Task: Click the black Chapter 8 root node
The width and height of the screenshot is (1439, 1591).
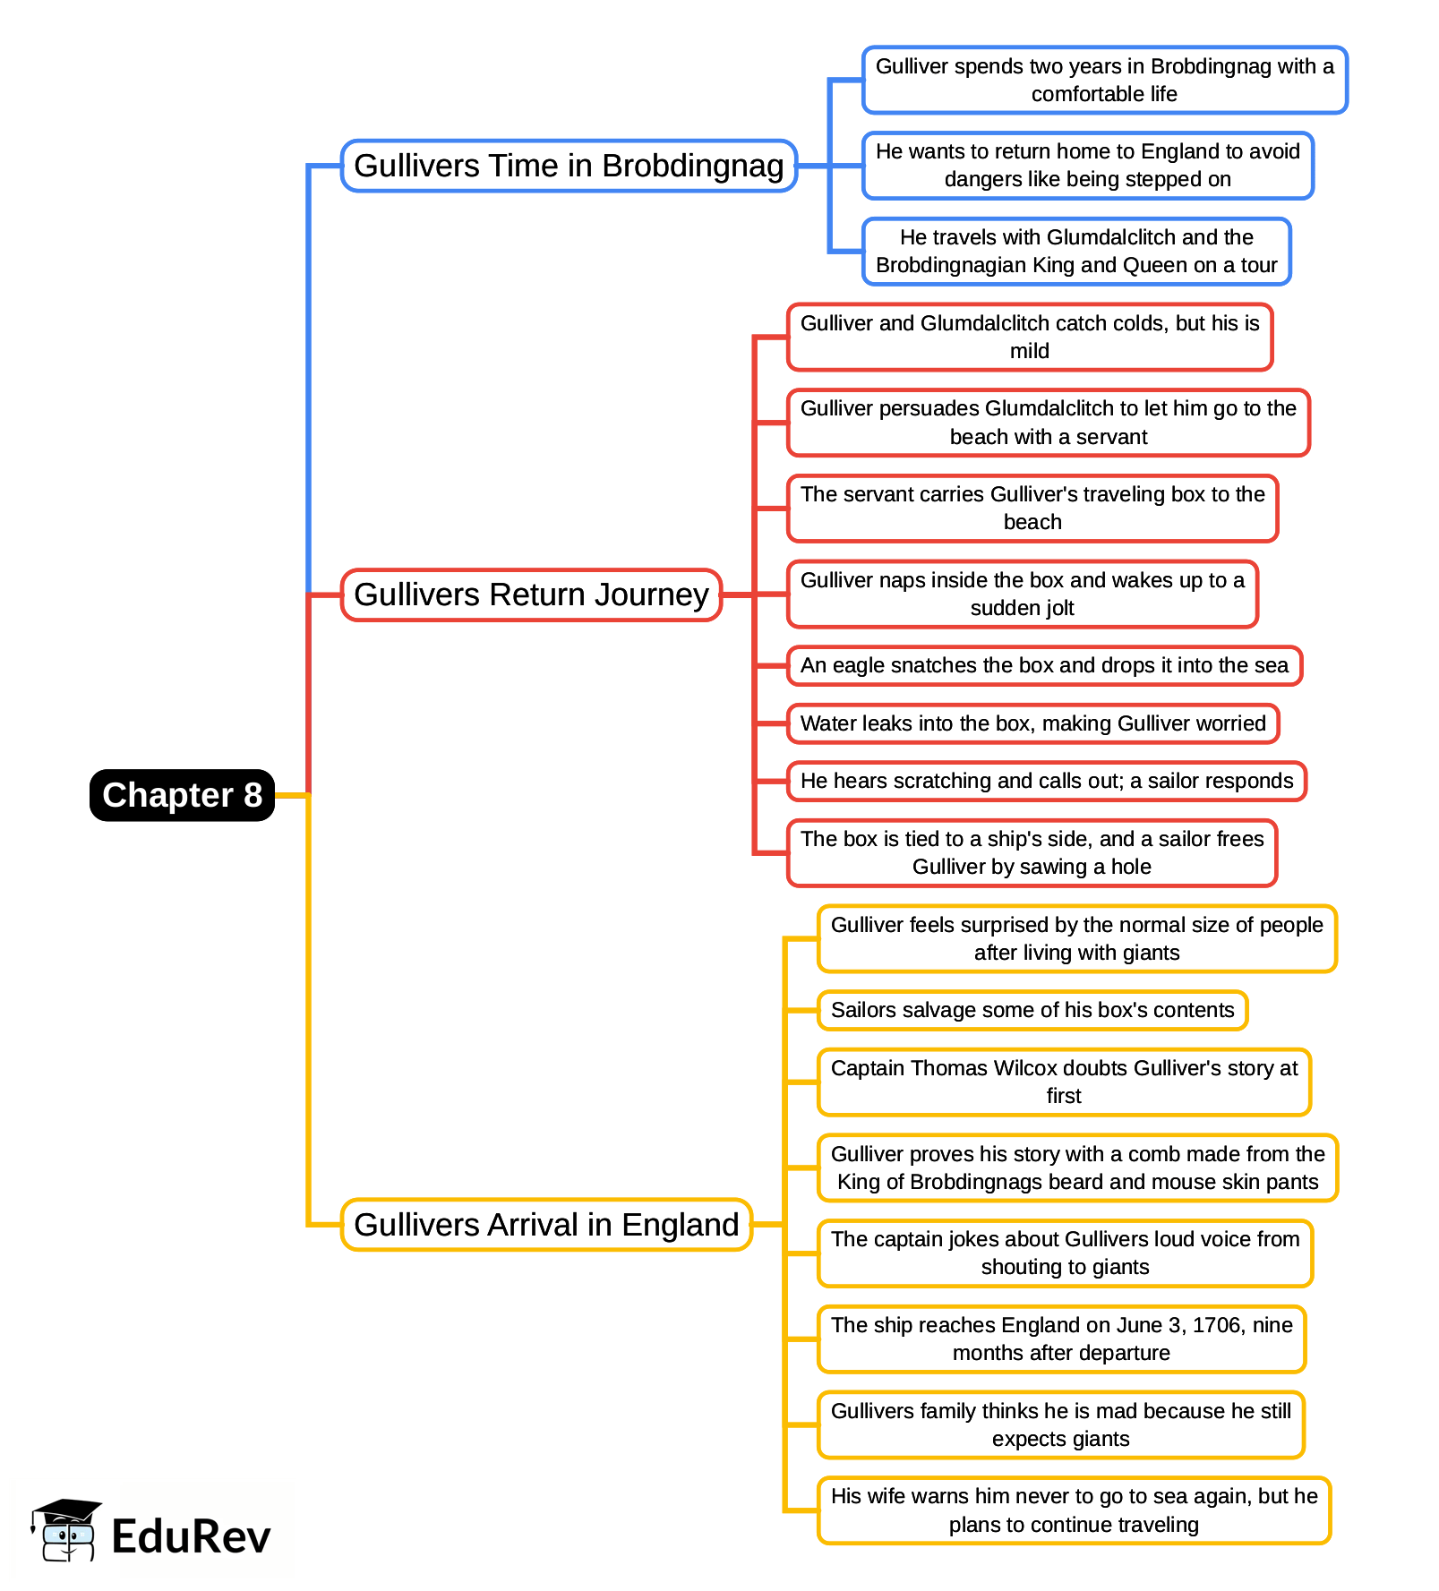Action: click(182, 795)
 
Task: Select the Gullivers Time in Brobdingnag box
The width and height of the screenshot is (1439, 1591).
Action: click(569, 166)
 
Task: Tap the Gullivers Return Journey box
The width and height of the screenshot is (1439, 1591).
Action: click(531, 594)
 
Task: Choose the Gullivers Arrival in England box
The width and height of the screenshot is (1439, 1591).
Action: click(546, 1224)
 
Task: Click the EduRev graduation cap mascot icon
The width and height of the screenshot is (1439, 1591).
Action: click(65, 1530)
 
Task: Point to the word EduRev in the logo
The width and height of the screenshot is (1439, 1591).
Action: click(191, 1537)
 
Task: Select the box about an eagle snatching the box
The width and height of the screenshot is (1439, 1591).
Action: click(1043, 665)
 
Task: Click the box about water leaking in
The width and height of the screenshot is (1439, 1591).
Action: click(1032, 723)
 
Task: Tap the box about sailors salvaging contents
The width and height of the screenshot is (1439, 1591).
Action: click(1032, 1010)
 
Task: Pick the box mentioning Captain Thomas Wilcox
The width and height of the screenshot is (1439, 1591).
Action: click(1064, 1082)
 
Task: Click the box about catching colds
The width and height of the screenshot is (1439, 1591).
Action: click(1029, 337)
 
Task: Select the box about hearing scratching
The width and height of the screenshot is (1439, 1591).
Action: click(1046, 781)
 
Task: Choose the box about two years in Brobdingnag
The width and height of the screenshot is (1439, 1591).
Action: click(1104, 80)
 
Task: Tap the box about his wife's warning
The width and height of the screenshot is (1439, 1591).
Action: click(1074, 1510)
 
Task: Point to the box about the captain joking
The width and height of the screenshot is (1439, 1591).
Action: click(1065, 1253)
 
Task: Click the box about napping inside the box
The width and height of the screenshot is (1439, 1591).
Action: click(1022, 594)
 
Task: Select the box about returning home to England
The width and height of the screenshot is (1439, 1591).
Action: click(1087, 165)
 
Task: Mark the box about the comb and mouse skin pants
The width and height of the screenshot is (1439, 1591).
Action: click(1077, 1168)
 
